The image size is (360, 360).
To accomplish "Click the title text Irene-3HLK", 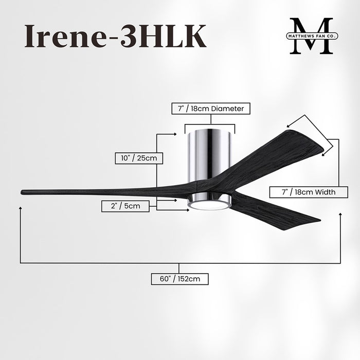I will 115,36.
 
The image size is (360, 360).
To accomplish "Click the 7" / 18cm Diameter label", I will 211,109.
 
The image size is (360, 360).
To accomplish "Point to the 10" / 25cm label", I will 139,158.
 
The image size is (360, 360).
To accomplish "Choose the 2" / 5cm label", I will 125,206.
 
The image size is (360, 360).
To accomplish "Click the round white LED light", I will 208,205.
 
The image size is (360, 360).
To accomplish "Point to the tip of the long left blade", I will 24,192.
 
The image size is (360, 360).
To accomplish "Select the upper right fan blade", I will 273,154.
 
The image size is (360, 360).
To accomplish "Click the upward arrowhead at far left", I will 20,208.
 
